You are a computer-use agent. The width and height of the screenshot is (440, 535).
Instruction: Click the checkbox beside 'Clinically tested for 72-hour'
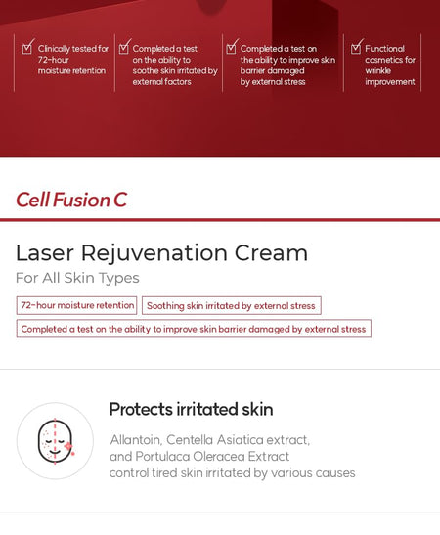coord(27,46)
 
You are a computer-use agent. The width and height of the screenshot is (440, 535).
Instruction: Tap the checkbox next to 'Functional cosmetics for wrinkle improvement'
coord(356,46)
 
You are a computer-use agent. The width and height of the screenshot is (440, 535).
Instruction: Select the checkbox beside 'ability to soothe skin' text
coord(124,46)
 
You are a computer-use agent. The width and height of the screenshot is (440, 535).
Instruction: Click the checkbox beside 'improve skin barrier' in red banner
coord(231,46)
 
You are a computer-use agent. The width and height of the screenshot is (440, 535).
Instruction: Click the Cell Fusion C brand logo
coord(71,201)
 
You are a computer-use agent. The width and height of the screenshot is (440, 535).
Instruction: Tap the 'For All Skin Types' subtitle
coord(77,279)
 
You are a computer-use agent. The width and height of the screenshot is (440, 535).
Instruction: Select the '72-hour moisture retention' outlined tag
coord(77,306)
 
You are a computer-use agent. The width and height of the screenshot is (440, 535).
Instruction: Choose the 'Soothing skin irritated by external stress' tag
coord(231,306)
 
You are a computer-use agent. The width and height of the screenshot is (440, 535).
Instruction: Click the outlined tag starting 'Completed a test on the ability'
coord(194,329)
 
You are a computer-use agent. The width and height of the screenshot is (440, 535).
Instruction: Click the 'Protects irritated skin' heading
coord(191,410)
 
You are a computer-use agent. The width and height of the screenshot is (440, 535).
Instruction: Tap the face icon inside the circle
coord(55,441)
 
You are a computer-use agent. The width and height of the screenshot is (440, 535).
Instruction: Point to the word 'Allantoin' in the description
coord(138,440)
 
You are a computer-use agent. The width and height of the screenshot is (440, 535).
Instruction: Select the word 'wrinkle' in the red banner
coord(378,70)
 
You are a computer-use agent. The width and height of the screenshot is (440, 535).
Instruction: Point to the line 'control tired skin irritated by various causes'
coord(232,473)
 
